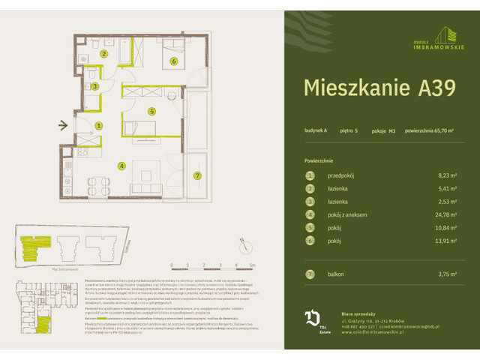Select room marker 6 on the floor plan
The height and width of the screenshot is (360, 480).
click(x=173, y=61)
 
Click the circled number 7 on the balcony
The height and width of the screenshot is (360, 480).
click(x=197, y=176)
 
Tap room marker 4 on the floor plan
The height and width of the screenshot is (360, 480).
click(x=121, y=166)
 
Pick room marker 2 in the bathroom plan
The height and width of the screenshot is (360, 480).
click(x=104, y=54)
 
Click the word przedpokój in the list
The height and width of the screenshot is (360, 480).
click(x=341, y=175)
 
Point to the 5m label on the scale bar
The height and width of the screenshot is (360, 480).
click(x=253, y=265)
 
